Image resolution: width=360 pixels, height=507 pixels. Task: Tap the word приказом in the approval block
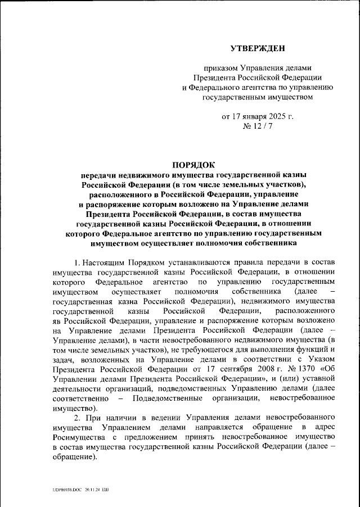222,67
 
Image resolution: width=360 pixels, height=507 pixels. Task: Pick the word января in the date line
251,117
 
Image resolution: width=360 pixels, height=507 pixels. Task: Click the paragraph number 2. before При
77,418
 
